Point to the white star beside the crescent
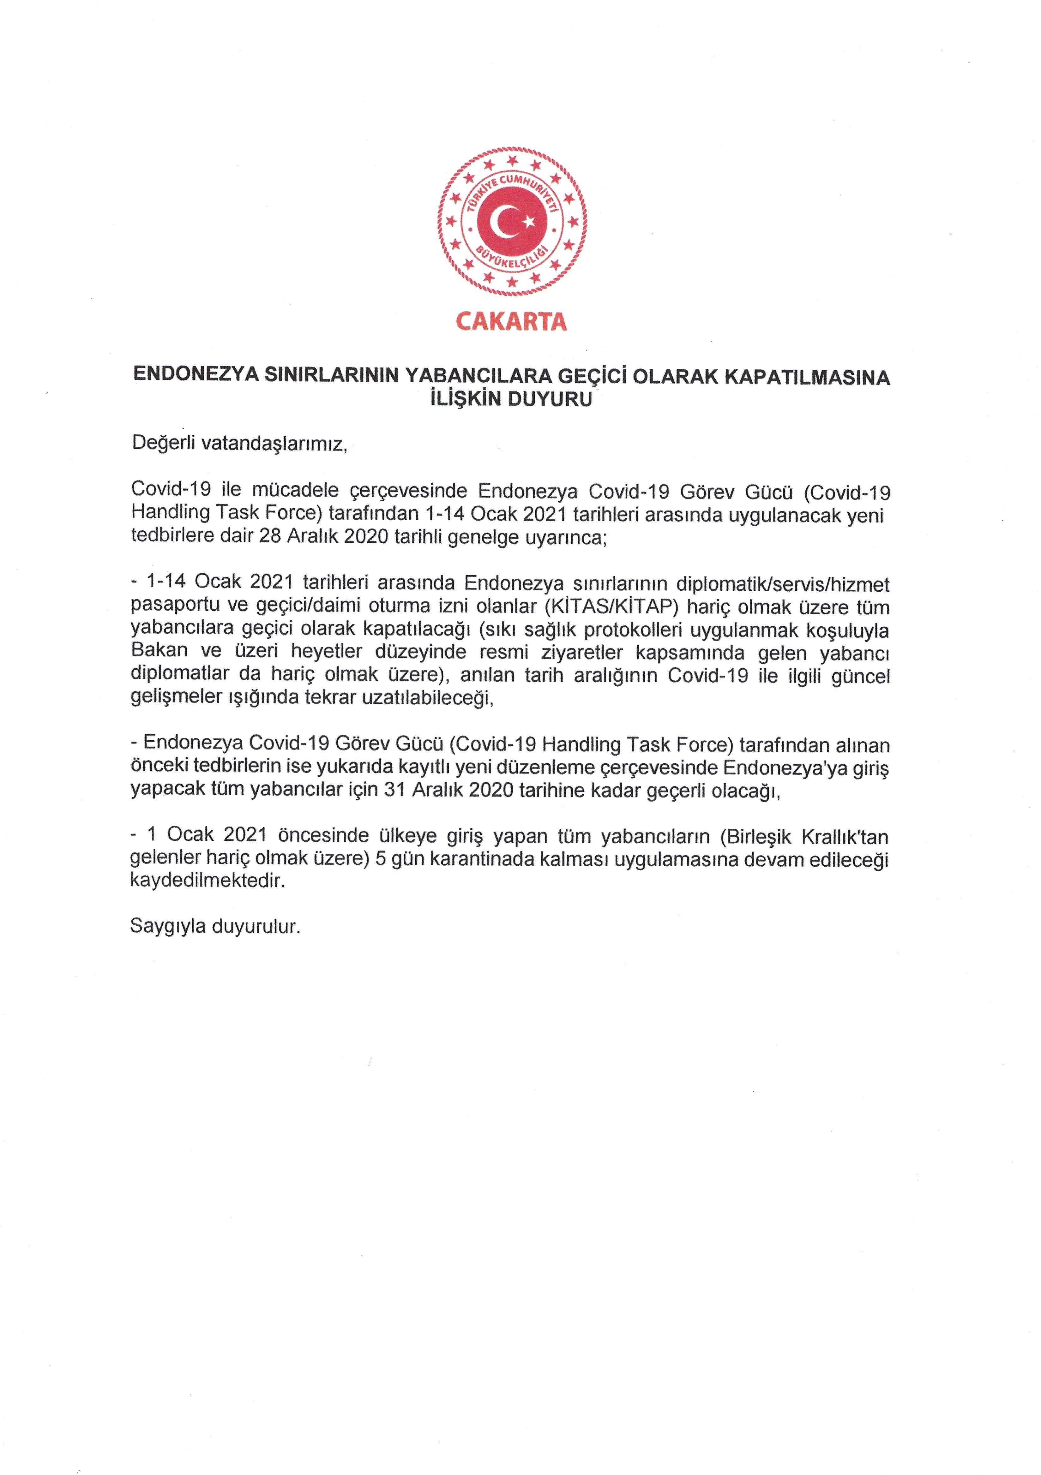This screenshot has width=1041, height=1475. (529, 222)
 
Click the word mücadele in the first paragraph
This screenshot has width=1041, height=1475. (295, 490)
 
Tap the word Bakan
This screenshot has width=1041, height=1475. (159, 651)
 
